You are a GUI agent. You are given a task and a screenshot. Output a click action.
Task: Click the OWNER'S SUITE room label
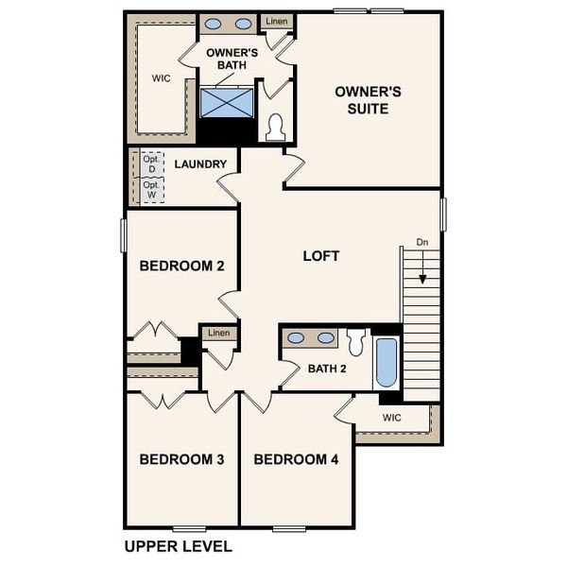[x=369, y=100]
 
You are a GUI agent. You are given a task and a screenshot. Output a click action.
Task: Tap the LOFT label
[x=320, y=256]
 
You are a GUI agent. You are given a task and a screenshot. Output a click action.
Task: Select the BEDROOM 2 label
[x=181, y=266]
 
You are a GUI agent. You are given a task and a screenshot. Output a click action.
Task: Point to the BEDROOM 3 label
[x=181, y=459]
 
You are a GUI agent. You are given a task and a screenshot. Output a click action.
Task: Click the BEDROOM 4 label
[x=296, y=459]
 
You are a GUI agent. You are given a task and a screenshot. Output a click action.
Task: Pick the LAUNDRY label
[x=200, y=164]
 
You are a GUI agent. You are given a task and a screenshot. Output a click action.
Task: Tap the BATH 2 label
[x=327, y=369]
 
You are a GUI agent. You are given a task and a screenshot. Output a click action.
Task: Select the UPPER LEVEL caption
[x=179, y=546]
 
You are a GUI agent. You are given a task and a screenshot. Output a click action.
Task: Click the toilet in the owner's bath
[x=276, y=128]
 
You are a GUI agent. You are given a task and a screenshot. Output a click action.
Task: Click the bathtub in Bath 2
[x=386, y=363]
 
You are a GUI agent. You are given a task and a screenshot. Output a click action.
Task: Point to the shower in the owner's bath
[x=228, y=101]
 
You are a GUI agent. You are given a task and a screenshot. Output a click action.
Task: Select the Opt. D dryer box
[x=151, y=164]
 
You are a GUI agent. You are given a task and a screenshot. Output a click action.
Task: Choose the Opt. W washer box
[x=151, y=189]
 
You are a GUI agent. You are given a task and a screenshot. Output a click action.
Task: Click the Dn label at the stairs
[x=423, y=243]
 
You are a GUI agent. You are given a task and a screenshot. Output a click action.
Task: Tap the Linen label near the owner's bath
[x=276, y=21]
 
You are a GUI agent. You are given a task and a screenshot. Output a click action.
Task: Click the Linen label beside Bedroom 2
[x=218, y=333]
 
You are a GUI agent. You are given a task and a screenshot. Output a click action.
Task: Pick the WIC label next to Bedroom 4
[x=392, y=417]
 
